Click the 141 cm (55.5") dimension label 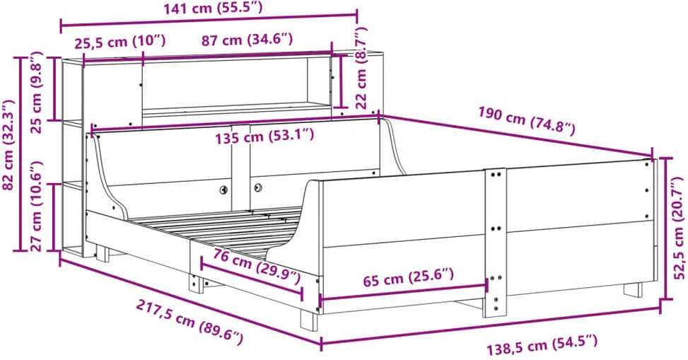click(213, 8)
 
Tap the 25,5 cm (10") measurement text click(119, 42)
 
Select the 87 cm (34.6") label click(247, 40)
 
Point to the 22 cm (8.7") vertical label click(361, 68)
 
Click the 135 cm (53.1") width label click(264, 136)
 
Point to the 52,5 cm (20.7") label click(680, 228)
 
